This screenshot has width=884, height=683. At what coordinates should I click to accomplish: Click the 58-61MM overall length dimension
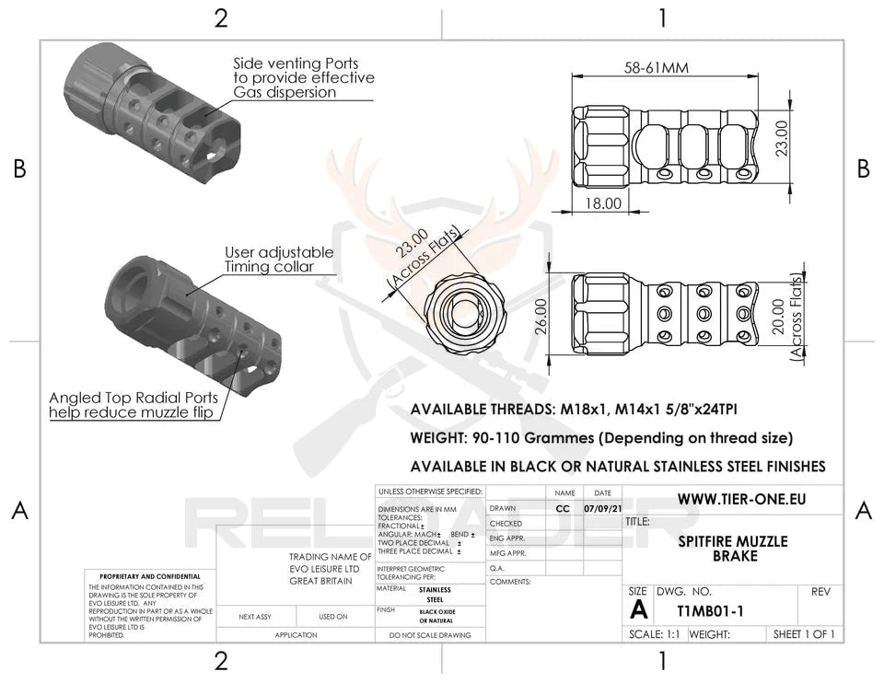(x=657, y=68)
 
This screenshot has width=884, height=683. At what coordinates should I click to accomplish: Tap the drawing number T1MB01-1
(x=699, y=609)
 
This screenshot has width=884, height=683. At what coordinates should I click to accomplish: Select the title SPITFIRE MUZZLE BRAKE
(x=733, y=549)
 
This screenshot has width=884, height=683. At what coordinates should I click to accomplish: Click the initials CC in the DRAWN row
(x=564, y=508)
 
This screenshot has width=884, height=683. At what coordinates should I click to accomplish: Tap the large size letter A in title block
(x=638, y=609)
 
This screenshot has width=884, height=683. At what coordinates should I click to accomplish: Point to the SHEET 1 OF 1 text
(x=804, y=634)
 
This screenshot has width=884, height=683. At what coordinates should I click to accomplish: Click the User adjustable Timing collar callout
(x=279, y=260)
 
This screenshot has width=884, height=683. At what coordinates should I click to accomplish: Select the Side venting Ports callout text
(x=304, y=78)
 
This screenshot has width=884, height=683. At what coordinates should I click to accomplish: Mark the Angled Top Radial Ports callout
(x=134, y=405)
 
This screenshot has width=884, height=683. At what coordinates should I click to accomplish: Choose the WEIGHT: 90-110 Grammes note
(x=600, y=438)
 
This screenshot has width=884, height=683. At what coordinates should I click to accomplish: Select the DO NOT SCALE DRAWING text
(x=430, y=635)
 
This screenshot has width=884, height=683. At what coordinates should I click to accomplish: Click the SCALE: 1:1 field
(x=655, y=634)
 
